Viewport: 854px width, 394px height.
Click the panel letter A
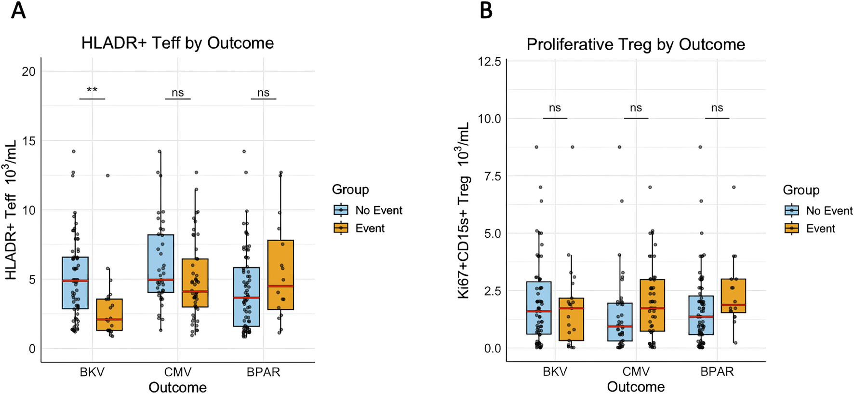click(18, 10)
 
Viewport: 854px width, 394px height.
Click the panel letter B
click(486, 10)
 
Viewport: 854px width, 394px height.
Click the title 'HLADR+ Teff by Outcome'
click(177, 43)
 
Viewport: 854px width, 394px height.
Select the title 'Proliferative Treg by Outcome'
click(635, 44)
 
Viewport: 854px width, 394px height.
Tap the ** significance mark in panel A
click(92, 90)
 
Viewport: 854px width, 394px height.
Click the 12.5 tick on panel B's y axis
click(489, 62)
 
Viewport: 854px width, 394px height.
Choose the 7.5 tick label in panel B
click(492, 177)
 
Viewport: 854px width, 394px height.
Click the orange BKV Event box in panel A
click(109, 314)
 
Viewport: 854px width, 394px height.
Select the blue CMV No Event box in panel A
click(161, 263)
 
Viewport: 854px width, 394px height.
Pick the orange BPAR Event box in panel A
click(280, 274)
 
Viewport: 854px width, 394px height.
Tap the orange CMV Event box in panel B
click(652, 305)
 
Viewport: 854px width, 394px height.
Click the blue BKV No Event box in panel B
click(538, 308)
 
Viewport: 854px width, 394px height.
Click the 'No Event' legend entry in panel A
click(378, 210)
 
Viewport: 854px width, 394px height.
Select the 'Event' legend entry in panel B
click(820, 229)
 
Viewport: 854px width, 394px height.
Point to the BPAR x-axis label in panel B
click(717, 372)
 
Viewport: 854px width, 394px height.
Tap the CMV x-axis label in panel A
click(177, 372)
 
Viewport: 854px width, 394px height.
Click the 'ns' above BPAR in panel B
click(717, 108)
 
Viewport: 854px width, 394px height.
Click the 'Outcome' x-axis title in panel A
click(177, 387)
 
